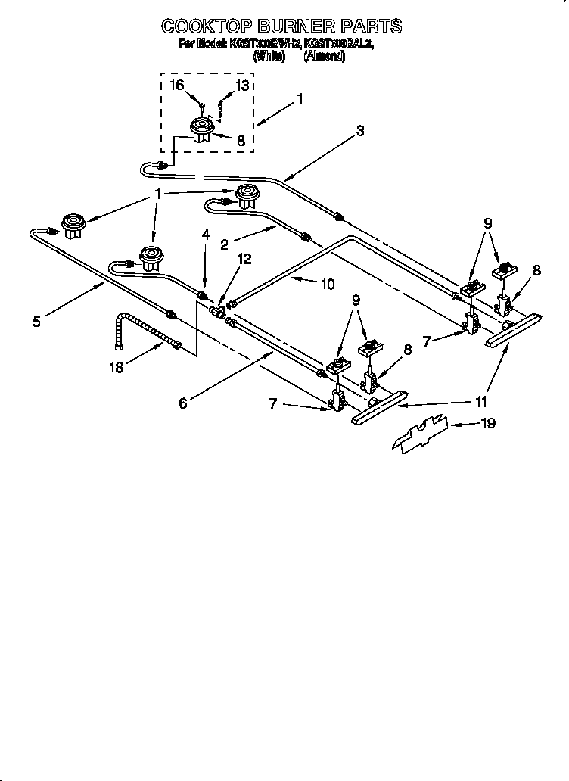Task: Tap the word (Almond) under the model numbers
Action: (x=324, y=56)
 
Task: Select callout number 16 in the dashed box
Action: (x=176, y=86)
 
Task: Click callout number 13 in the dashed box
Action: (x=242, y=86)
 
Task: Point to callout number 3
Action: (x=360, y=130)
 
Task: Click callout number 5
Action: (x=37, y=321)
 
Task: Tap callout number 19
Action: (x=488, y=423)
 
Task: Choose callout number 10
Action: (x=327, y=285)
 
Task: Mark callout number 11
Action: (x=481, y=402)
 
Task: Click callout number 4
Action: (x=204, y=235)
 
